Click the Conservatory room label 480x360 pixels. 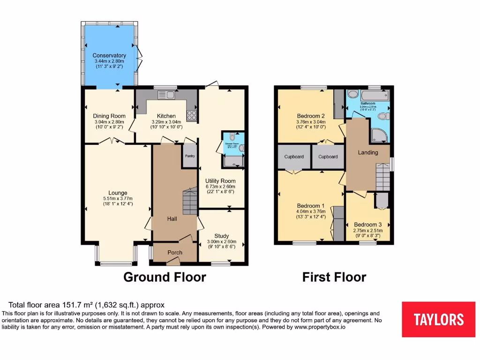tap(109, 56)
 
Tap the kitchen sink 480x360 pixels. tap(165, 95)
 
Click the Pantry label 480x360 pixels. tap(190, 156)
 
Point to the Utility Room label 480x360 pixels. tap(220, 181)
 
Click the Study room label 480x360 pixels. tap(222, 236)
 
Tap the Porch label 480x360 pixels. tap(175, 253)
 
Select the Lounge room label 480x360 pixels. tap(118, 193)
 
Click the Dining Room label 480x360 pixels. tap(109, 116)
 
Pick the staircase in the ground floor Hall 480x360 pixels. tap(189, 201)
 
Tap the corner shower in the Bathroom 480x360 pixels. tap(379, 135)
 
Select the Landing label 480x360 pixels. tap(368, 152)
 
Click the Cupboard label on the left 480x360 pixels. tap(294, 157)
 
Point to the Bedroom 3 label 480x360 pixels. tap(368, 225)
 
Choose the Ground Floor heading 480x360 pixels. tap(165, 277)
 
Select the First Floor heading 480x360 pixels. tap(334, 277)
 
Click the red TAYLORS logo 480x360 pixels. tap(438, 319)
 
